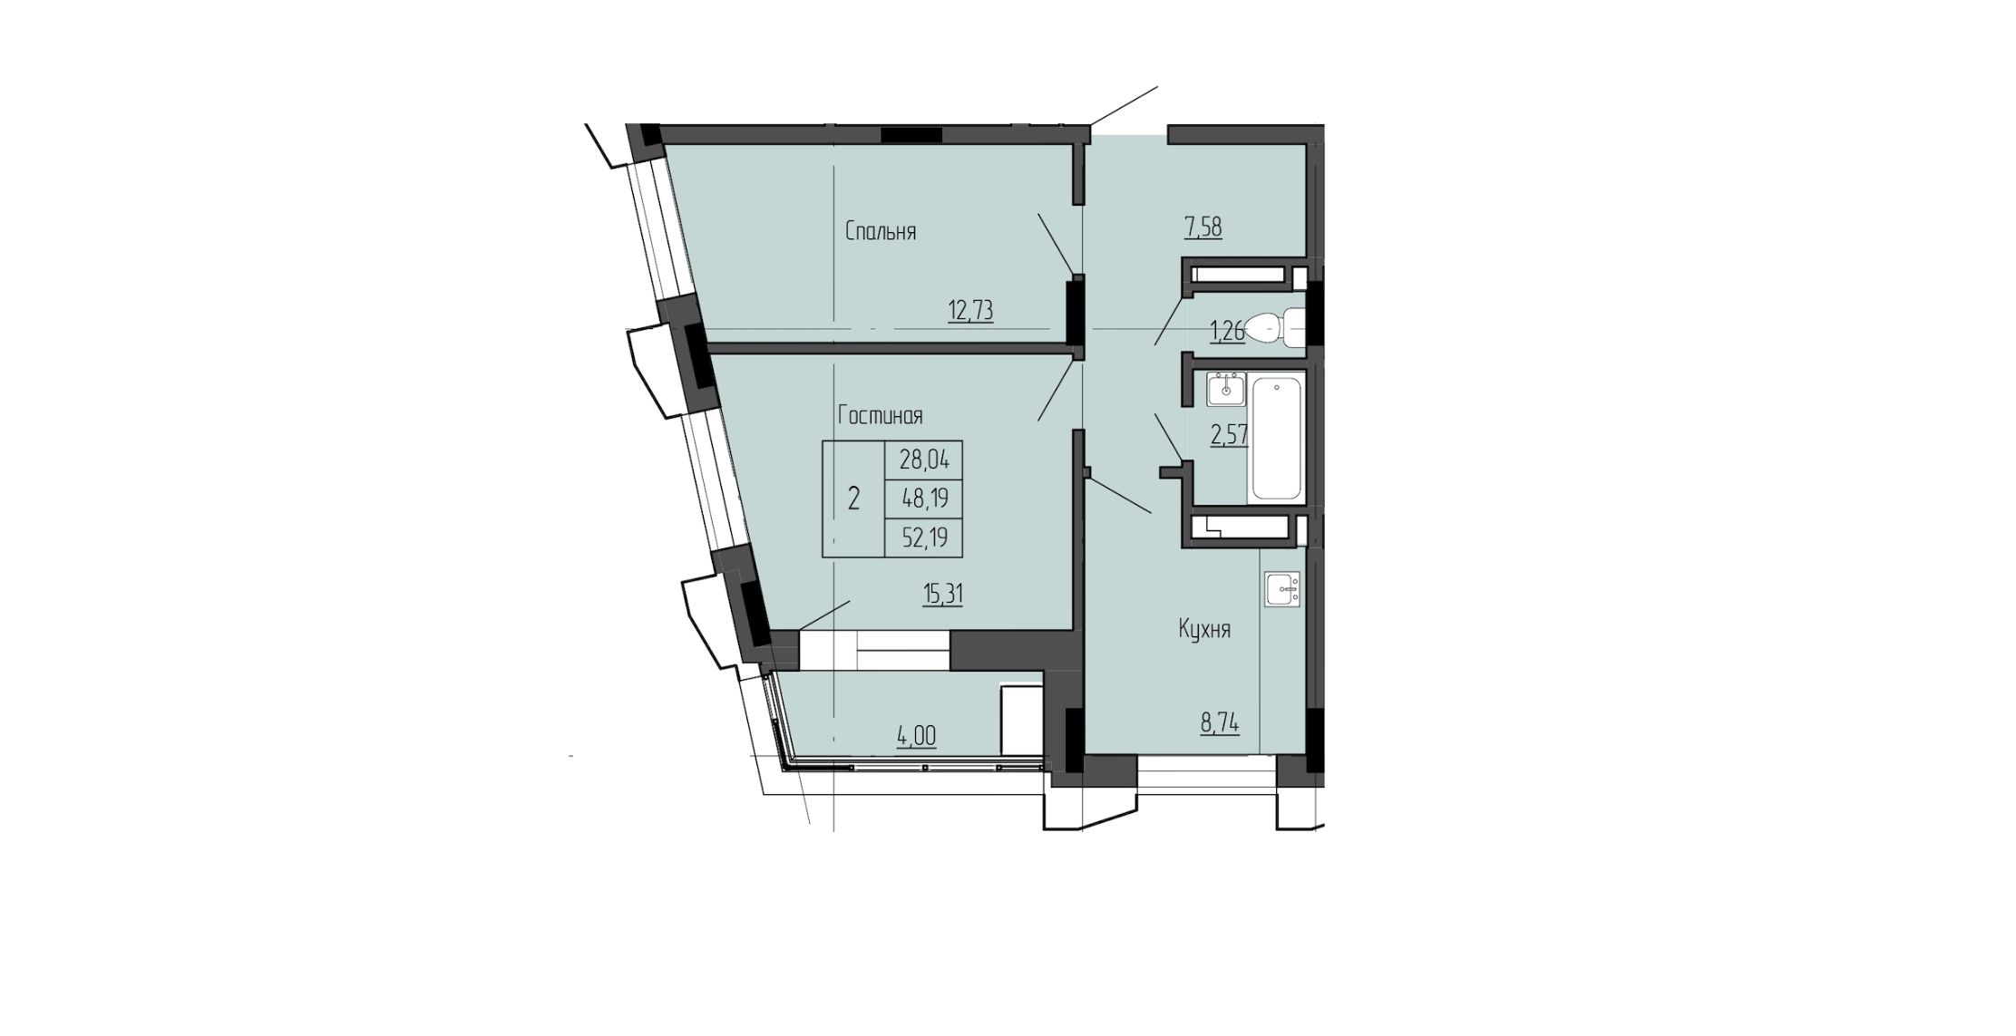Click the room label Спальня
(880, 232)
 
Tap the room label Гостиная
(880, 416)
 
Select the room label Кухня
(1204, 630)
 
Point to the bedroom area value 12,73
(970, 312)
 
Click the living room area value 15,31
(942, 595)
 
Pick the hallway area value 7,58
(1203, 228)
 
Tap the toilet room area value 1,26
(1227, 332)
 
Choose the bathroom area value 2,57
(1230, 436)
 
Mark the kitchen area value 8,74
(1220, 723)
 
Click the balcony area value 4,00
(916, 737)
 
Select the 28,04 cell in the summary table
(924, 460)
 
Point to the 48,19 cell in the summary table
(924, 499)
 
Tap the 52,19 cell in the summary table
(924, 538)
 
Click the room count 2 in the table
(853, 499)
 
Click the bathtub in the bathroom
(1277, 440)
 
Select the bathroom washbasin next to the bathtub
(1226, 390)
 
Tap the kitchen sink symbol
(1282, 591)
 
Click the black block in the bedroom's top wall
(911, 135)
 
